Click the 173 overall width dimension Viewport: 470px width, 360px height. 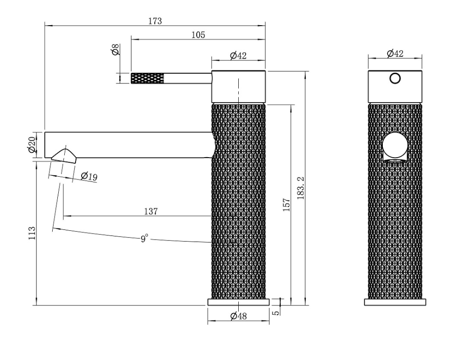coord(155,21)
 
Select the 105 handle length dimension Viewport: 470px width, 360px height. coord(198,35)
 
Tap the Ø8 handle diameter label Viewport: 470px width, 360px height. coord(116,49)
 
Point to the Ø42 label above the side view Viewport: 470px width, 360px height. coord(238,55)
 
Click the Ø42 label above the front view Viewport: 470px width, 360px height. coord(395,54)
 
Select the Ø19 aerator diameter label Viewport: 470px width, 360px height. coord(89,176)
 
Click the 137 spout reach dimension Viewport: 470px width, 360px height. coord(151,211)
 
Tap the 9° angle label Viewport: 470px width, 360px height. coord(144,239)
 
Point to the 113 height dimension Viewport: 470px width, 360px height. coord(32,233)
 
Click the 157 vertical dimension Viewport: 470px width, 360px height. coord(287,205)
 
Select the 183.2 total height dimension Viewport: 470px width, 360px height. coord(301,188)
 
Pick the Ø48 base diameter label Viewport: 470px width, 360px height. coord(239,316)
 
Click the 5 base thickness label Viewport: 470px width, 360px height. coord(276,312)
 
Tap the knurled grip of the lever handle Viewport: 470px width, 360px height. coord(147,78)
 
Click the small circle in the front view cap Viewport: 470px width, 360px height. coord(395,78)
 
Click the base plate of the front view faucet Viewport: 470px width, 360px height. coord(395,302)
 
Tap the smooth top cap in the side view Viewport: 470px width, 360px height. coord(239,87)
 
